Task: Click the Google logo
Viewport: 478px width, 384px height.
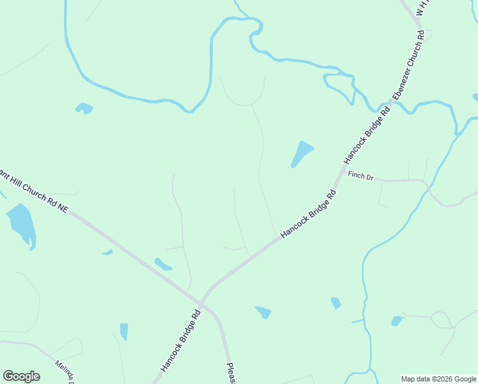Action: click(x=21, y=376)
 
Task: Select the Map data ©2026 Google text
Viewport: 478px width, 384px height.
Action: click(x=439, y=379)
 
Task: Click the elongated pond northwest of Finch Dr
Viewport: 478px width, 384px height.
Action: click(x=301, y=154)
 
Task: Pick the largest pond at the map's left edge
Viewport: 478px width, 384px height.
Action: click(x=21, y=224)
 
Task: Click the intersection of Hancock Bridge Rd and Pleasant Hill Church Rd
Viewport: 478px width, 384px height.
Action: click(x=201, y=303)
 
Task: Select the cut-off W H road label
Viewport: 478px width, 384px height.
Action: click(x=422, y=8)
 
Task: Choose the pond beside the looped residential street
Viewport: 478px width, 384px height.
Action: click(x=397, y=321)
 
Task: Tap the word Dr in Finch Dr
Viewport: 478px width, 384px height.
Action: click(x=369, y=177)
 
